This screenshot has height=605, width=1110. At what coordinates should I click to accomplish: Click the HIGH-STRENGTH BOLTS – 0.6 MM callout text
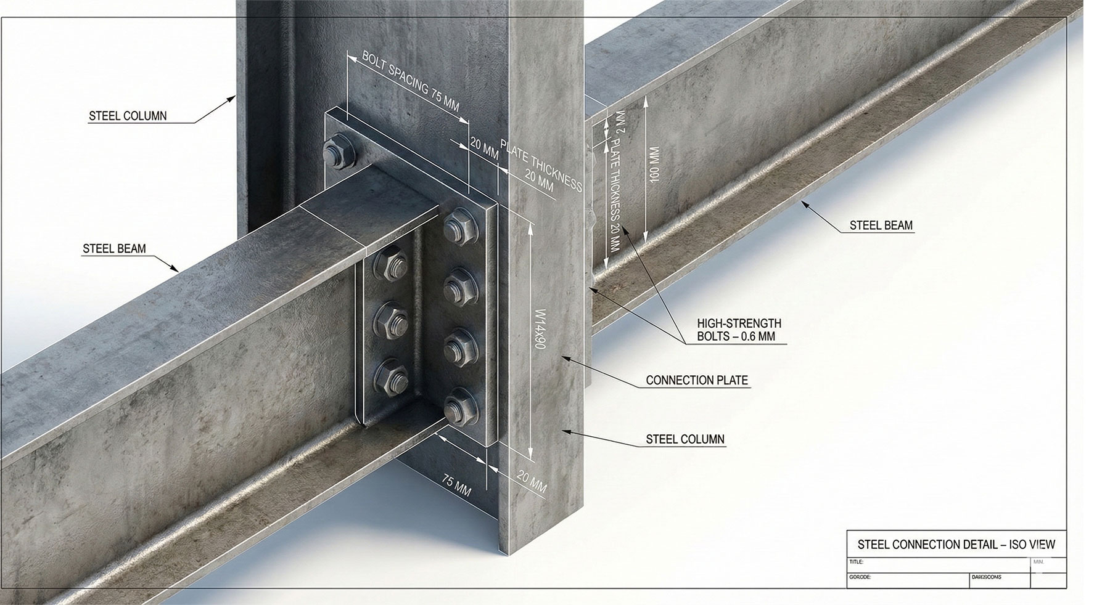point(739,330)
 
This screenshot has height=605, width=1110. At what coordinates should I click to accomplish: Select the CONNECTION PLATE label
point(697,380)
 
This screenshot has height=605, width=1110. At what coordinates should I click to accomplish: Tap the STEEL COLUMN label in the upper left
point(128,115)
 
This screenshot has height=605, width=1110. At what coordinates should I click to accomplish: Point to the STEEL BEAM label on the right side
point(881,225)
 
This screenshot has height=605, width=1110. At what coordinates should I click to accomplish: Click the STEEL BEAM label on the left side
point(114,249)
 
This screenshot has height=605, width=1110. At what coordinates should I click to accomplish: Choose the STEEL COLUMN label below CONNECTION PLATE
point(685,439)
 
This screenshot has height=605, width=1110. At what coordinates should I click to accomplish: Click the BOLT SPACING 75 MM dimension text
point(410,81)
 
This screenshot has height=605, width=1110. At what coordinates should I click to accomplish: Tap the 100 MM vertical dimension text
point(654,163)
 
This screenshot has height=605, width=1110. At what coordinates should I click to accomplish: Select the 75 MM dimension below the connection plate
point(457,485)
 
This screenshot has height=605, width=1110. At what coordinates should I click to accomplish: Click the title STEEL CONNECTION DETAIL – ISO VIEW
point(956,544)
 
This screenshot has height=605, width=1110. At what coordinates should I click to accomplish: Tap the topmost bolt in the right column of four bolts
point(461,225)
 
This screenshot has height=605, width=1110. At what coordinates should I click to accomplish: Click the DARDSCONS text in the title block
point(987,577)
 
